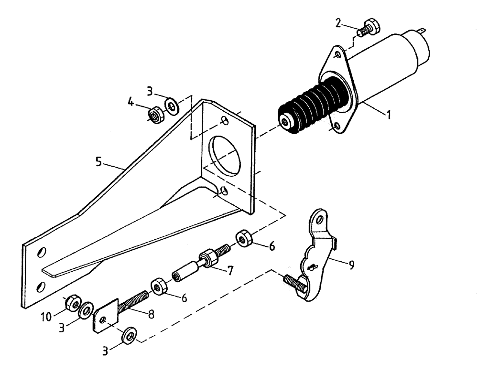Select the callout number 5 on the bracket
coord(98,162)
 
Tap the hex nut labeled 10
coord(71,303)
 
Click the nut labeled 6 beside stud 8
coord(158,286)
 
